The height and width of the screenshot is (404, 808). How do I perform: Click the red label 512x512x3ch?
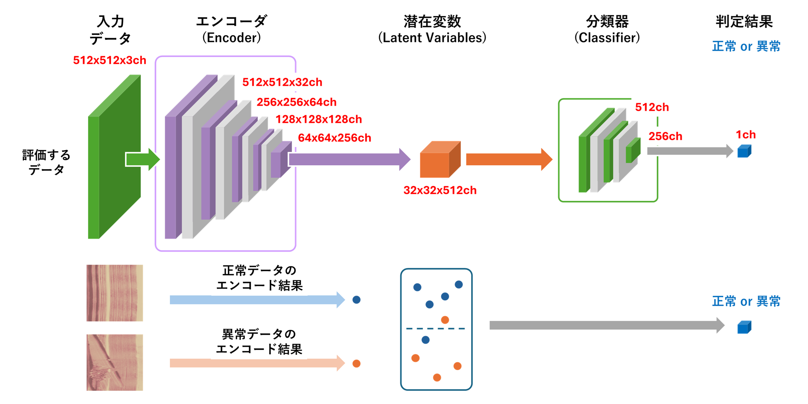(x=110, y=60)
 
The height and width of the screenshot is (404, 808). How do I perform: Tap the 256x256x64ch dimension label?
(x=296, y=102)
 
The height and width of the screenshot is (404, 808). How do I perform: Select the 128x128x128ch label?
(x=318, y=119)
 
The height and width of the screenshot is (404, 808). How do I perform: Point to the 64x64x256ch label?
(x=334, y=138)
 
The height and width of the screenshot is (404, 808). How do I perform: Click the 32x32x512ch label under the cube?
(x=440, y=190)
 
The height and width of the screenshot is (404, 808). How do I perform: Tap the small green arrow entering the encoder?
(x=142, y=159)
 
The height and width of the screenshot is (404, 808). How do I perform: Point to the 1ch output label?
(x=745, y=135)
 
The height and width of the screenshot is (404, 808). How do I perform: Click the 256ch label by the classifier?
(x=665, y=136)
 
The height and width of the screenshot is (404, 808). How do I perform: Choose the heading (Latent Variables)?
(x=432, y=38)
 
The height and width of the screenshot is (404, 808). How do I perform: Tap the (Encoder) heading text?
(x=232, y=38)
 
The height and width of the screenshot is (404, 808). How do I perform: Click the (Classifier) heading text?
(x=607, y=38)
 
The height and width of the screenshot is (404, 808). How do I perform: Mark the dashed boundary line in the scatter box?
(x=436, y=329)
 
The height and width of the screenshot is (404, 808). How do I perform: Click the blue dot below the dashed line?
(x=426, y=340)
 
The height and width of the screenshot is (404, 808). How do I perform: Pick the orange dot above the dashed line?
(x=445, y=320)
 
